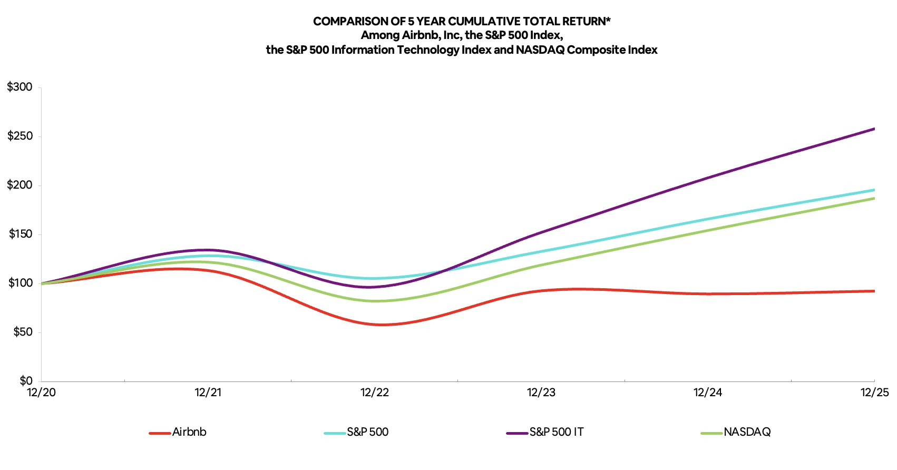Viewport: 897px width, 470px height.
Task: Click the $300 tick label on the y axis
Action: (19, 87)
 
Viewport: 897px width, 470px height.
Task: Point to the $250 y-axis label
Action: (19, 136)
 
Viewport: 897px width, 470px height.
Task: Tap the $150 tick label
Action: (21, 234)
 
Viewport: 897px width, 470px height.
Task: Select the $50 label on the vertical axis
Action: (22, 332)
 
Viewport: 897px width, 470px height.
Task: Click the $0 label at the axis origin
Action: (26, 380)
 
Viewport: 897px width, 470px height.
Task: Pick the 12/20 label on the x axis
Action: (41, 393)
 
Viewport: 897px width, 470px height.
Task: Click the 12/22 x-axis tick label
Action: (375, 393)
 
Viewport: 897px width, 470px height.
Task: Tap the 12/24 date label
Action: (708, 393)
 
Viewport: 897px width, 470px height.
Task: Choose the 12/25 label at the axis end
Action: (874, 393)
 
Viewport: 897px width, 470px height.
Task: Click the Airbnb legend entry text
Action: (189, 432)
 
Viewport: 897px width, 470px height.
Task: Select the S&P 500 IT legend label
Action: (557, 432)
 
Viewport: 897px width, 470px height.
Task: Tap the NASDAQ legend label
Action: (747, 432)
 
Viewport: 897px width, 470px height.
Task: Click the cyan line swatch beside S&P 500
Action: (335, 433)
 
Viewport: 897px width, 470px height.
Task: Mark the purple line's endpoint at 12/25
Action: (874, 129)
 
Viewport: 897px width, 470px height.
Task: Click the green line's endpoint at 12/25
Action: (874, 198)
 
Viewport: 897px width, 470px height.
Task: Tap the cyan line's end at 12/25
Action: (874, 190)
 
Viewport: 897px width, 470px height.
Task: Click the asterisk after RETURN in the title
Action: (608, 20)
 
